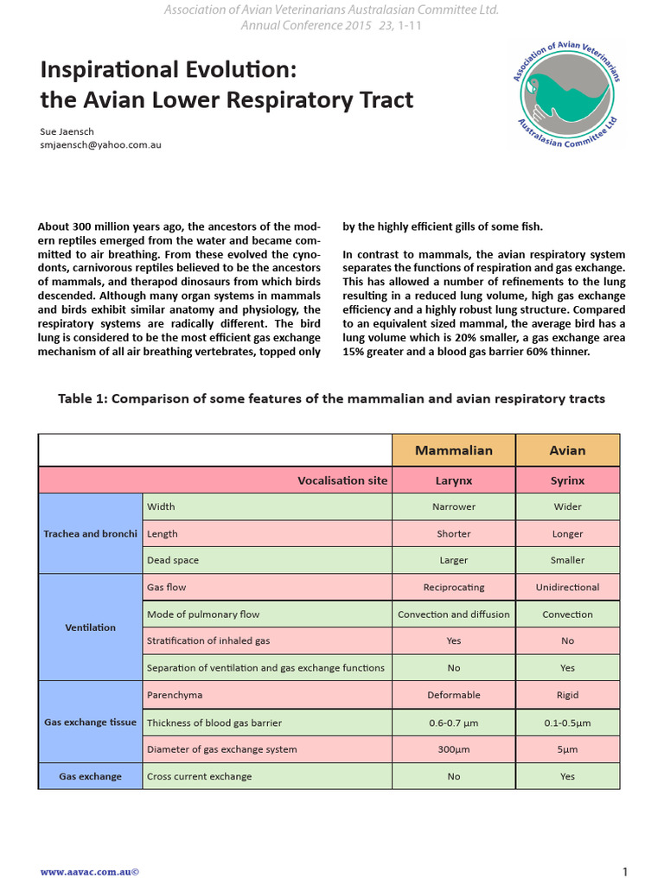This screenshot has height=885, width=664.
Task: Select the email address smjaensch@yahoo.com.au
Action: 100,145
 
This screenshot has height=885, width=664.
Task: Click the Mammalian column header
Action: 454,450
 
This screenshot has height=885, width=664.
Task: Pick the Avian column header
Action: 567,450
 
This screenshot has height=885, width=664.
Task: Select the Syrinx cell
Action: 567,481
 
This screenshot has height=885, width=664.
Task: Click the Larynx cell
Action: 454,481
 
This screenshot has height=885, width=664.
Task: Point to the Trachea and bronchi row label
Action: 90,533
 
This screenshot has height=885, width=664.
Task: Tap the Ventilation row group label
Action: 90,627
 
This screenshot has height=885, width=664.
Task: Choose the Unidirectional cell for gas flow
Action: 567,588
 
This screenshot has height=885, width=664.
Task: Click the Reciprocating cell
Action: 454,588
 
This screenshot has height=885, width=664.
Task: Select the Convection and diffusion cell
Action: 454,614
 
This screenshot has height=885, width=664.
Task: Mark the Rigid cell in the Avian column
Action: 567,695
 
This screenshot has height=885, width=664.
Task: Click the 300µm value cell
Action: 454,749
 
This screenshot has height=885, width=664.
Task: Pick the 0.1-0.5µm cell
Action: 567,723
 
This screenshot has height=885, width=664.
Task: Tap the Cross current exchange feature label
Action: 200,776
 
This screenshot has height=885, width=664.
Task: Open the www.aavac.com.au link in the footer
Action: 90,872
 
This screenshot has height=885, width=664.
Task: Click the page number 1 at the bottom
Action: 624,871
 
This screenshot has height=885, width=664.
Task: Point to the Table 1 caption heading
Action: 331,398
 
